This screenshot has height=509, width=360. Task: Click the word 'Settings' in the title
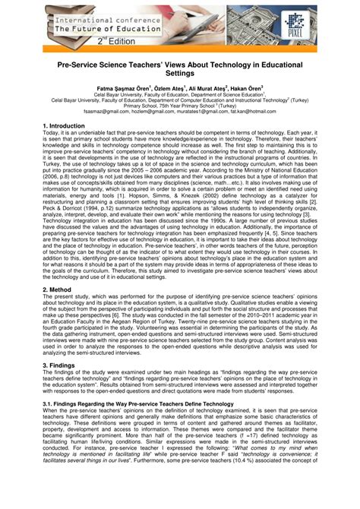pyautogui.click(x=180, y=77)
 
